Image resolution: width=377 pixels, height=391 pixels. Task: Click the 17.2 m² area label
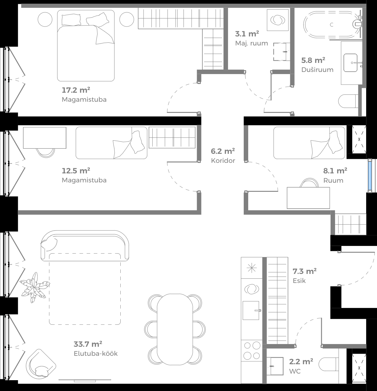tap(76, 90)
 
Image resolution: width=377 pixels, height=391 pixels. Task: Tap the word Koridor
tap(223, 161)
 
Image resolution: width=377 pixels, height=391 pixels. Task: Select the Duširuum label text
tap(317, 70)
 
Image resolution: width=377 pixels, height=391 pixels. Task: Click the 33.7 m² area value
tap(88, 344)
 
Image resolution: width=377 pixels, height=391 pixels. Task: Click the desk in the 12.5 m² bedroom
tap(45, 138)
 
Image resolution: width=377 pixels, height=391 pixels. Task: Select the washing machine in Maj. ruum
tap(278, 20)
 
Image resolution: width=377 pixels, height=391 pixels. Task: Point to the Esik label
tap(299, 281)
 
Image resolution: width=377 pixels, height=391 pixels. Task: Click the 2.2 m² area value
tap(301, 361)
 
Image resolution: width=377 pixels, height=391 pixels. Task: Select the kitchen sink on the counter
tap(251, 310)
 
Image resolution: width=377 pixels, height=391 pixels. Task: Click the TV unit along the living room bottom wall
tap(84, 380)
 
